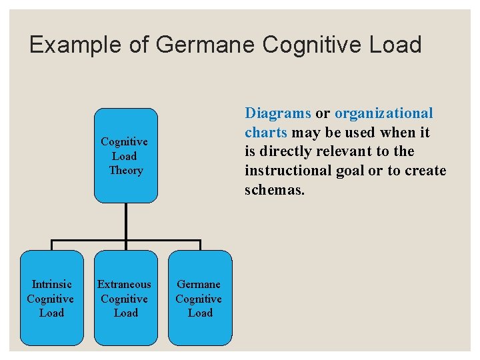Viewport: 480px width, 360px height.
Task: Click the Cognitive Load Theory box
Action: tap(125, 155)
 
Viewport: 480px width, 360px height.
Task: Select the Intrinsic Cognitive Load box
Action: tap(51, 298)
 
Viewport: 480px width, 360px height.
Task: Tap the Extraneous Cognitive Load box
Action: tap(125, 298)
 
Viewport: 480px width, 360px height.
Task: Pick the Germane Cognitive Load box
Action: tap(199, 298)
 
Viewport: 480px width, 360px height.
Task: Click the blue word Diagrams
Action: tap(277, 113)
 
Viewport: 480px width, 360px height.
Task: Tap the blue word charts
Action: tap(265, 133)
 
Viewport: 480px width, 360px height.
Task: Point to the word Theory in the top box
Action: tap(126, 171)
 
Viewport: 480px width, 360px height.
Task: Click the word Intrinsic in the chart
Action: tap(51, 284)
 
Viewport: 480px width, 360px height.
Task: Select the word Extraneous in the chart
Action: tap(125, 284)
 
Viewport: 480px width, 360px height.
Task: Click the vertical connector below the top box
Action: tap(125, 220)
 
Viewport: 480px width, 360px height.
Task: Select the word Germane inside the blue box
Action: tap(199, 284)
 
